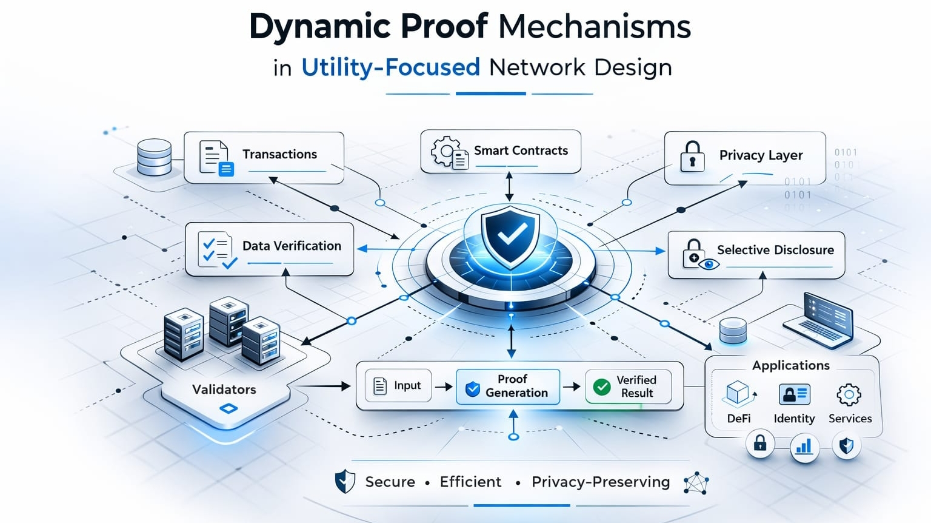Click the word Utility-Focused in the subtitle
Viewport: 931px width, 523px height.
coord(390,67)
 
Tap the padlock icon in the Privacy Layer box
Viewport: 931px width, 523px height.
coord(692,156)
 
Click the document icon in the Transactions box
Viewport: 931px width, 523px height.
coord(215,157)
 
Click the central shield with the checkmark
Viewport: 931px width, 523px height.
coord(510,235)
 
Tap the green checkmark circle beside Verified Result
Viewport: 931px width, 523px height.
coord(602,386)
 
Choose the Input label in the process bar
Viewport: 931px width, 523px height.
coord(407,385)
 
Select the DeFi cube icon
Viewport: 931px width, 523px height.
coord(738,393)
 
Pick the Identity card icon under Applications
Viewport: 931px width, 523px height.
coord(794,394)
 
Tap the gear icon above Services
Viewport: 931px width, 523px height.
coord(849,394)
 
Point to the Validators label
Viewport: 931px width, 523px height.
coord(224,390)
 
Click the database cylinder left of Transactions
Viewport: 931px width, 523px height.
coord(154,157)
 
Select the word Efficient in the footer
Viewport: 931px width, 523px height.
coord(470,482)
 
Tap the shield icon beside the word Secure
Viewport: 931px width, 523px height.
coord(345,482)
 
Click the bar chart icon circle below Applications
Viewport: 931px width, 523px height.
coord(804,448)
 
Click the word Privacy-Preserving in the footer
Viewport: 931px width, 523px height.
coord(601,482)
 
